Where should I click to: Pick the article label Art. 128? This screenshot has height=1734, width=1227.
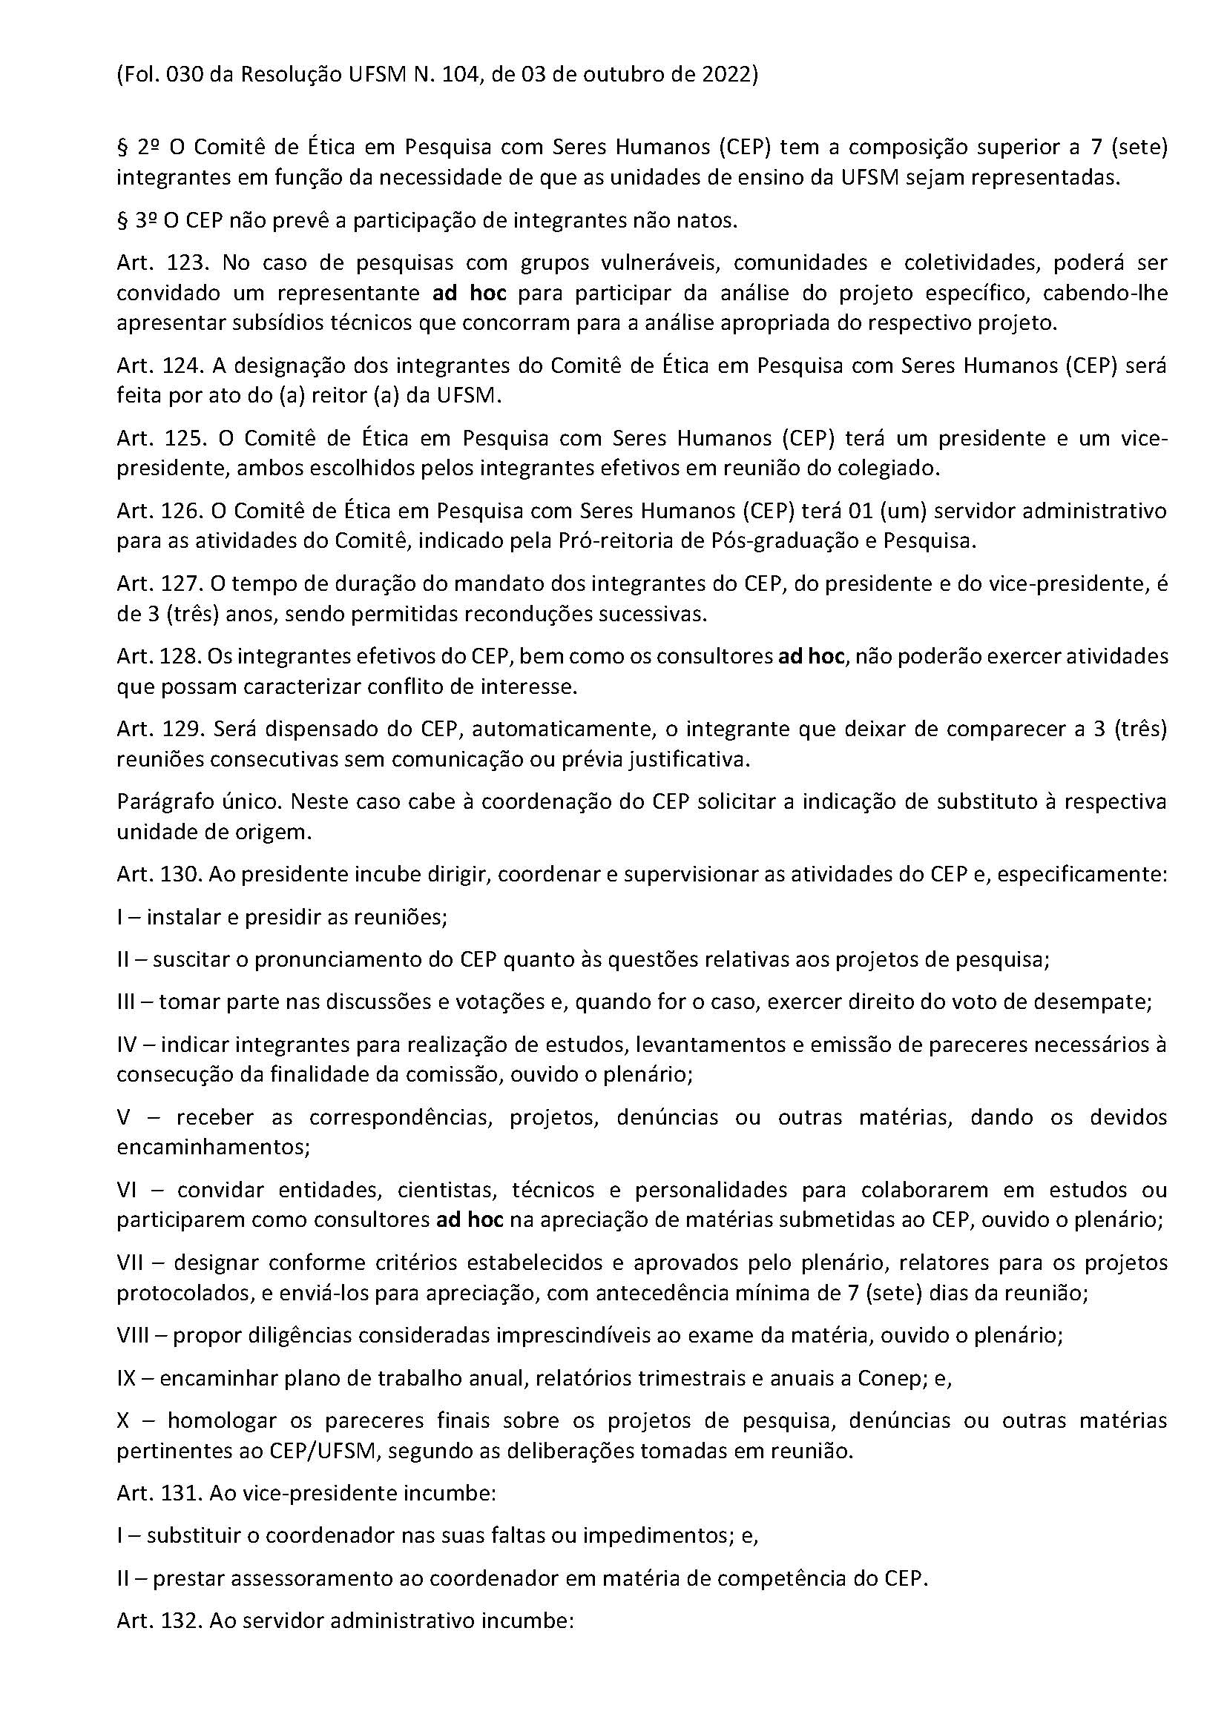coord(159,656)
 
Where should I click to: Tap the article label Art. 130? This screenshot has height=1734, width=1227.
coord(159,875)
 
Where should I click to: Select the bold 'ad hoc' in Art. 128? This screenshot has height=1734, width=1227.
coord(811,656)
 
